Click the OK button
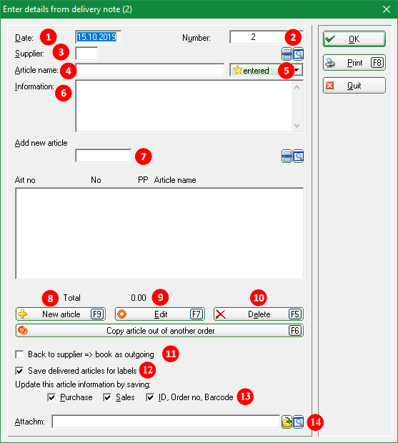[354, 39]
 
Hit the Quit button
[354, 85]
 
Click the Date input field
[99, 37]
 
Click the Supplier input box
[86, 54]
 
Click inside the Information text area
[184, 106]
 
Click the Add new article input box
[104, 156]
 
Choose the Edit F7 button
[160, 314]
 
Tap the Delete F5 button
[259, 314]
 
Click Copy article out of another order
[159, 331]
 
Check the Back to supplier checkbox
[19, 354]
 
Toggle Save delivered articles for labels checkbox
[19, 371]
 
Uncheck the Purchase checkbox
[51, 397]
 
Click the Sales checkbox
[107, 397]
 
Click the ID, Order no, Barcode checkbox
[150, 397]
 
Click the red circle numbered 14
[315, 422]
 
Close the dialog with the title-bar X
[387, 9]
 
